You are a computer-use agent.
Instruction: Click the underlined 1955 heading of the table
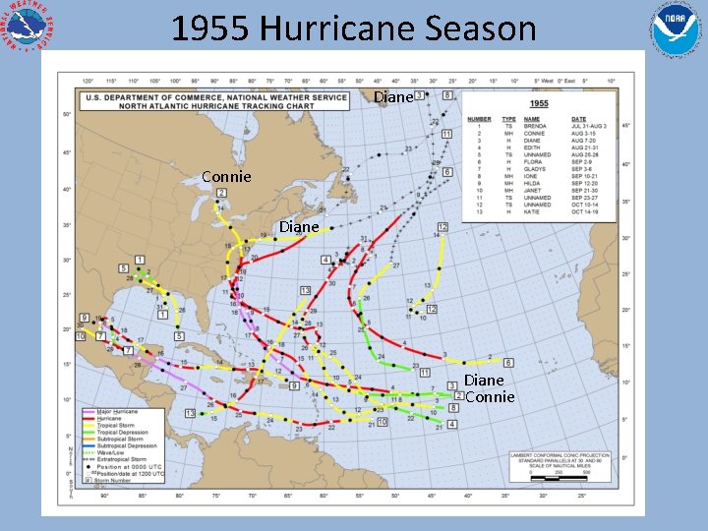point(539,102)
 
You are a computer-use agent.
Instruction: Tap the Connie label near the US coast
point(226,177)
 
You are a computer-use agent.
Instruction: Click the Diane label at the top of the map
point(393,97)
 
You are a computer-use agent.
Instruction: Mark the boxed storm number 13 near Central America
point(190,414)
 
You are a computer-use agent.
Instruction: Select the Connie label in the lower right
point(490,397)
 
